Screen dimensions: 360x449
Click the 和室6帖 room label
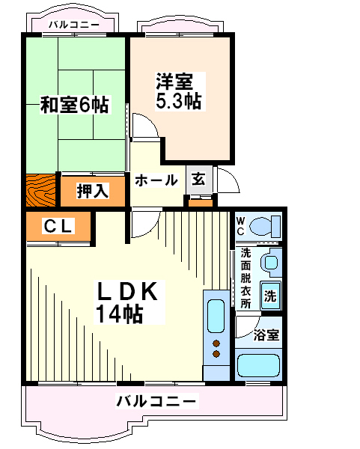(75, 105)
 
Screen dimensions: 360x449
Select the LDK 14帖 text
(128, 302)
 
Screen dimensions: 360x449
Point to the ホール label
(156, 180)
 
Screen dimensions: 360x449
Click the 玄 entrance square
(199, 180)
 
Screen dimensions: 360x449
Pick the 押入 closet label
(93, 191)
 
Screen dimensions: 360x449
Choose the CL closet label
(58, 226)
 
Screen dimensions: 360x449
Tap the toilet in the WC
(265, 227)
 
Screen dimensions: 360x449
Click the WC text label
(240, 226)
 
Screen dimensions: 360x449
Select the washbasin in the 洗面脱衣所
(271, 262)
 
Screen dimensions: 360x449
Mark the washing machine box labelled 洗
(270, 296)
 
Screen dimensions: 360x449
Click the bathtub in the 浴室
(259, 365)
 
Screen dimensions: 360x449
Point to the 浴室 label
(266, 335)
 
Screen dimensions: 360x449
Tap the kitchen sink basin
(216, 316)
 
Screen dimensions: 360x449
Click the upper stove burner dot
(216, 343)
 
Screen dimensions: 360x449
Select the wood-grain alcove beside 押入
(40, 190)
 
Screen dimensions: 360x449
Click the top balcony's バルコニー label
(73, 25)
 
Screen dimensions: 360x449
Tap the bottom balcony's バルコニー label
(157, 401)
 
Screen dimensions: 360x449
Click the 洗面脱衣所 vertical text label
(245, 278)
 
